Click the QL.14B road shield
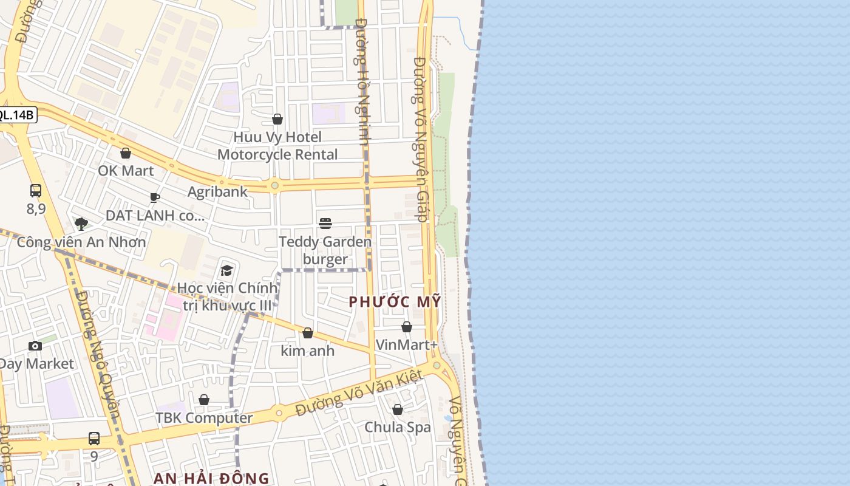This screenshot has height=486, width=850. coord(16,115)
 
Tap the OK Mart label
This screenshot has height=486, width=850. coord(126,171)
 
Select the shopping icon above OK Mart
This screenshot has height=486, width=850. coord(126,153)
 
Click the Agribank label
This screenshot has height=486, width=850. coord(217,192)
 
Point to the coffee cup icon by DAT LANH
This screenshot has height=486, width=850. coord(155,197)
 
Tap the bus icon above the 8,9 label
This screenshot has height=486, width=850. coord(36,191)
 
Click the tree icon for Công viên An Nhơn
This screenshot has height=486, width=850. coord(81,224)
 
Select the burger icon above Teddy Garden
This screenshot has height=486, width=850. coord(325,224)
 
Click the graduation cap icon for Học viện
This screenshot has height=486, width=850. coord(226,270)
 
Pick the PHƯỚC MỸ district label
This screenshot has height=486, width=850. coord(395,302)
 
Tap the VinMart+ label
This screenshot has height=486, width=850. coord(406,345)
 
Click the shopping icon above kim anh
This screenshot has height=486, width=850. coord(308,333)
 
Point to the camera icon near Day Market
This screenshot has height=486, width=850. coord(35,346)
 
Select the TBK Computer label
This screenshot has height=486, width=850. coord(204,418)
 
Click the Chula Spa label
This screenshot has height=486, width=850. coord(398,427)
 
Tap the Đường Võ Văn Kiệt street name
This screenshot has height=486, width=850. coord(359,394)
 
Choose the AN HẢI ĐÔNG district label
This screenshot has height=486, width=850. coord(211,478)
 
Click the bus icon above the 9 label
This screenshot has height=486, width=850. coord(94,438)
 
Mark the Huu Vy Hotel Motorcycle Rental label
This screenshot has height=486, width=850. coord(277,146)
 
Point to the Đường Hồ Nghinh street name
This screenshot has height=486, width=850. coord(363,82)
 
